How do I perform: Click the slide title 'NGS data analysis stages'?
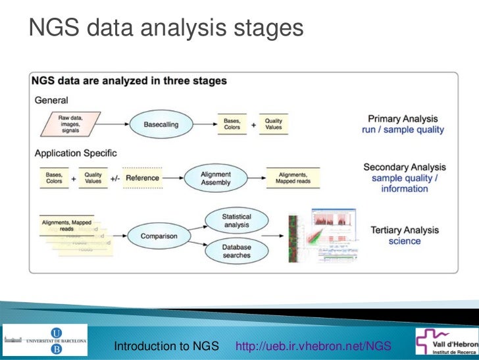coord(165,28)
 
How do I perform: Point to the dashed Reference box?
coord(141,178)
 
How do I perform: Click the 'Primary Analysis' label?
coord(403,118)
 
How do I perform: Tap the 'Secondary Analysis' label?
coord(404,168)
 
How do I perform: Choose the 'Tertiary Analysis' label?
coord(405,230)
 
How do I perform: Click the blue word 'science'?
coord(405,242)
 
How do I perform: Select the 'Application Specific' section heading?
coord(76,153)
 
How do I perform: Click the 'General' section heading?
coord(51,100)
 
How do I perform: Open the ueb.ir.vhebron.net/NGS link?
coord(313,346)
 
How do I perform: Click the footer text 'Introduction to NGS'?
coord(166,346)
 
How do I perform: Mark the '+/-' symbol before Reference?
coord(114,178)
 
